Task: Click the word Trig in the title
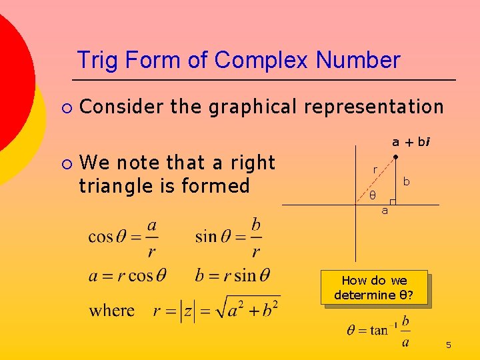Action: coord(95,61)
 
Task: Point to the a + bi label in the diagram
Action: coord(411,141)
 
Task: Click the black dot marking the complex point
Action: coord(395,157)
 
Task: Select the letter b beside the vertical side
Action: coord(406,181)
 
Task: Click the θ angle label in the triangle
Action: coord(373,195)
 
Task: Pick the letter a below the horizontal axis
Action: coord(385,211)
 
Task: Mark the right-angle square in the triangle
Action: coord(393,201)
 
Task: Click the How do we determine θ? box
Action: coord(373,288)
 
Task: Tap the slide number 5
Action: coord(449,345)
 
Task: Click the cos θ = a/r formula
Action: coord(124,237)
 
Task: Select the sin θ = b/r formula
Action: coord(229,237)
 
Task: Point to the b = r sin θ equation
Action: coord(233,275)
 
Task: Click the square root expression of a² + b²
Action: coord(251,310)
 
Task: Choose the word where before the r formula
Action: coord(112,311)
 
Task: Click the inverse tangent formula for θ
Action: coord(378,329)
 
